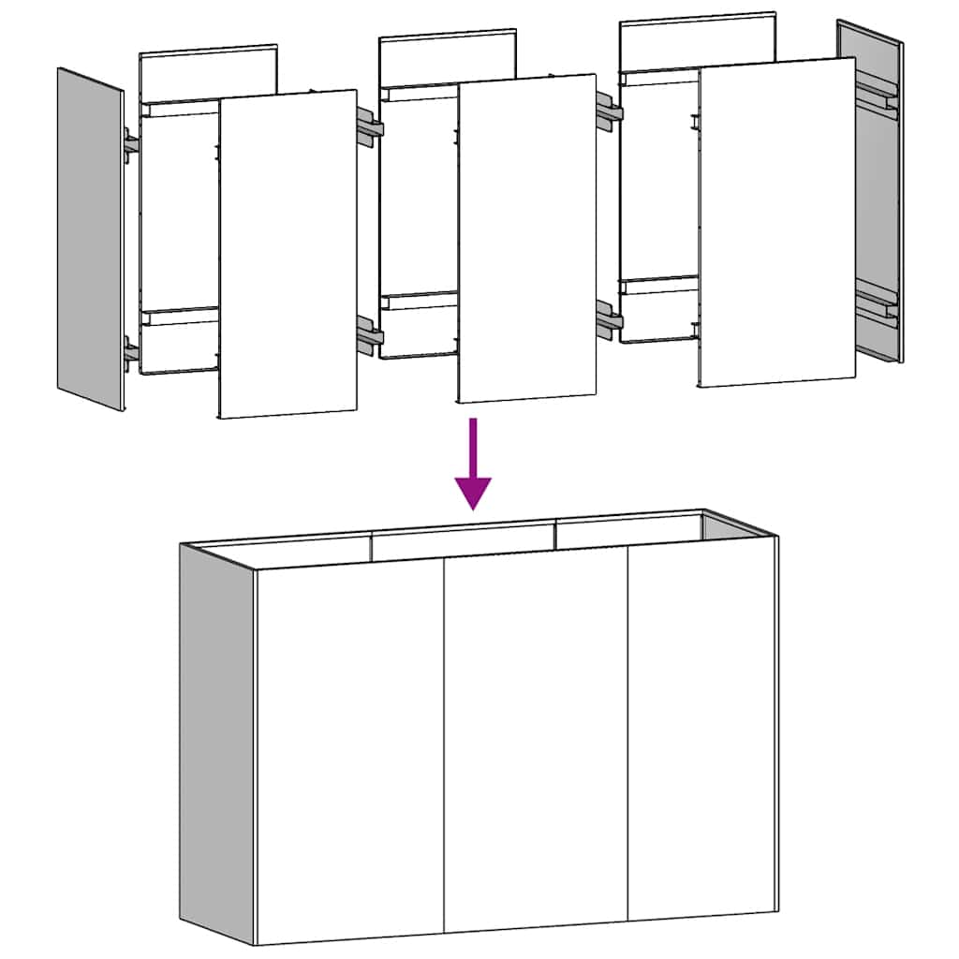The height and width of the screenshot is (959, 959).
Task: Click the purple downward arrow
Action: tap(474, 464)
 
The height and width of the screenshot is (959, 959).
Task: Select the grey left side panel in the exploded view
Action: tap(91, 239)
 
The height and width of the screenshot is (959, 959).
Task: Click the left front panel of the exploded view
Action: tap(288, 253)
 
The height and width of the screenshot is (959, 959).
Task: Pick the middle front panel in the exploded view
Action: tap(527, 239)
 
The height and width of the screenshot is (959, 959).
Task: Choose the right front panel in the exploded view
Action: tap(776, 223)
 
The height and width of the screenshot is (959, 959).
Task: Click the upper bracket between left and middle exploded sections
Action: tap(369, 129)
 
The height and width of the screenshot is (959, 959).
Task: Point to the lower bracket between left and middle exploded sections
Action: tap(369, 335)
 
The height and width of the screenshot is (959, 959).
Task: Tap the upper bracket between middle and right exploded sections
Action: tap(610, 112)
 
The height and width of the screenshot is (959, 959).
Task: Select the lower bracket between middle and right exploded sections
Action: tap(610, 318)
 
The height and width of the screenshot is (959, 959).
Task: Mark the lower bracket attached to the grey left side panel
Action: tap(131, 352)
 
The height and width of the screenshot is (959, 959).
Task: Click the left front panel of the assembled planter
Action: tap(349, 749)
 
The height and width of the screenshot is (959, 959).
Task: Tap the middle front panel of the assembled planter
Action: tap(536, 740)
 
